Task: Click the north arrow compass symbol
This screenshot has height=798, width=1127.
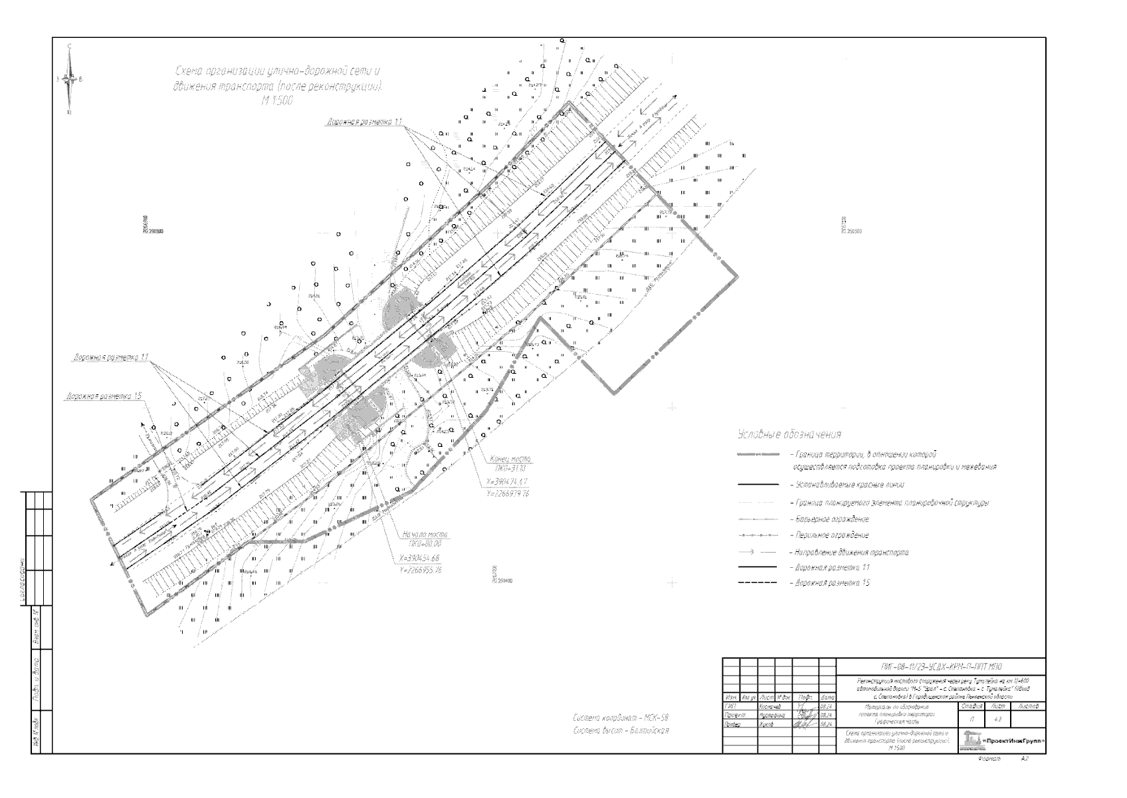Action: click(x=70, y=79)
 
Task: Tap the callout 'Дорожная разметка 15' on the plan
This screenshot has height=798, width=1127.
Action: click(x=104, y=396)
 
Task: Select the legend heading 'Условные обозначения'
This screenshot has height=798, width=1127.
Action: click(x=790, y=434)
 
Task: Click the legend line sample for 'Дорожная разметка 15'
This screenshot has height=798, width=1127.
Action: click(x=757, y=583)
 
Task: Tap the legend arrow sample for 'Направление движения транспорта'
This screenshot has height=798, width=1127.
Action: click(x=757, y=552)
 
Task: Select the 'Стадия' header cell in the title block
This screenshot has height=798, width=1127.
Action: click(x=972, y=706)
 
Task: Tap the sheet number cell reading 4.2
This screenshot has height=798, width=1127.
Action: click(x=997, y=720)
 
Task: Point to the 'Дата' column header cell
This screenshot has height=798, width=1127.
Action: click(x=827, y=697)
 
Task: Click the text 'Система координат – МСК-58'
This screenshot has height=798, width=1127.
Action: click(x=620, y=718)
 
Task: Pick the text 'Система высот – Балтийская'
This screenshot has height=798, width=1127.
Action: click(x=620, y=730)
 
